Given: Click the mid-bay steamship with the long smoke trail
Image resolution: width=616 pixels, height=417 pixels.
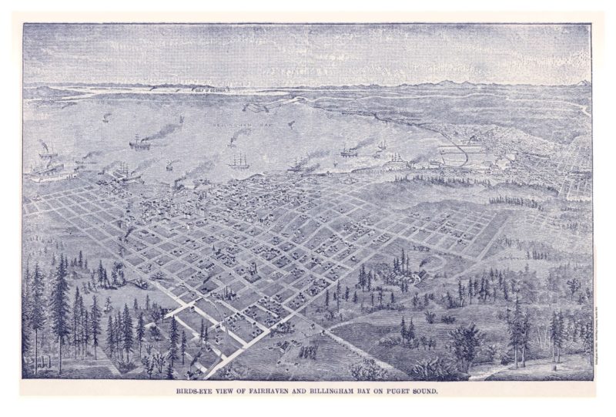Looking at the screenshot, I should [x=140, y=142].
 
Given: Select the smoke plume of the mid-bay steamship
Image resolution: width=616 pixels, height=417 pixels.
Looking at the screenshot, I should [x=162, y=133].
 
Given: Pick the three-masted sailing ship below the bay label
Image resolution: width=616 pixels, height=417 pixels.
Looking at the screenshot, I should [x=239, y=162].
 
